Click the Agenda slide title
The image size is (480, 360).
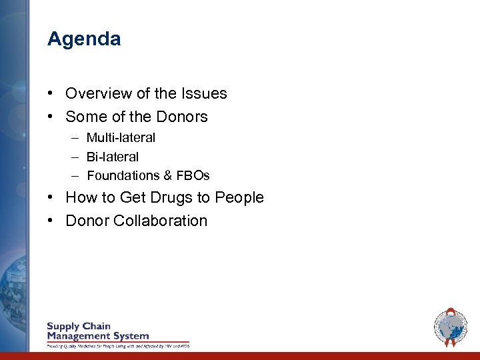pyautogui.click(x=84, y=39)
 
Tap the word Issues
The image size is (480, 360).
pyautogui.click(x=206, y=94)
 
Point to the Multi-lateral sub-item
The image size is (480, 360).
pyautogui.click(x=121, y=138)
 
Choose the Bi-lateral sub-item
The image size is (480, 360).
pyautogui.click(x=113, y=157)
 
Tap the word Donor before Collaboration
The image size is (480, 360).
pyautogui.click(x=87, y=221)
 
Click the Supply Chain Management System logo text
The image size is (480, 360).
pyautogui.click(x=97, y=331)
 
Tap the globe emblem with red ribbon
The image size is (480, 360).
pyautogui.click(x=451, y=327)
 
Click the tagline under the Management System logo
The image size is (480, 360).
pyautogui.click(x=117, y=346)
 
